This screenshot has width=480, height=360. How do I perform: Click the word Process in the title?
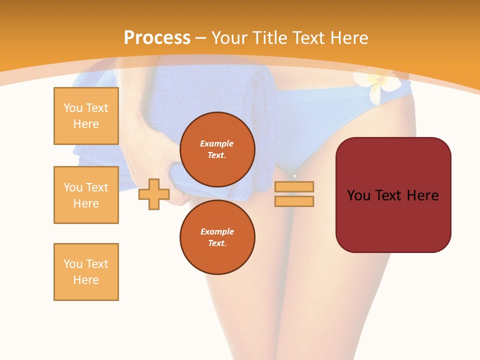[157, 38]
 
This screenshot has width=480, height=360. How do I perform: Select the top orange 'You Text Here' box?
[86, 116]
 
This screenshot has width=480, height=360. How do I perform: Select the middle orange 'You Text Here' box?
[86, 195]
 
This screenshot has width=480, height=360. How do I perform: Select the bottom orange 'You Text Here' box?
[86, 272]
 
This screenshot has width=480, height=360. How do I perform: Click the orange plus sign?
[153, 194]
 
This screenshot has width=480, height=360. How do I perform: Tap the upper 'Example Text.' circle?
[217, 149]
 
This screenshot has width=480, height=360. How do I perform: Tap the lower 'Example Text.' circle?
[217, 237]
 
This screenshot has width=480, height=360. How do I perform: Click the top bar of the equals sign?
[294, 187]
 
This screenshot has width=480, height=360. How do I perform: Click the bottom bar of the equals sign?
[294, 201]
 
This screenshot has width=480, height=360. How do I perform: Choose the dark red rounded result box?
[393, 220]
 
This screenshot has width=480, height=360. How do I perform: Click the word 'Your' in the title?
[228, 38]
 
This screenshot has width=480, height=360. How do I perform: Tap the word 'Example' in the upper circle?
[217, 143]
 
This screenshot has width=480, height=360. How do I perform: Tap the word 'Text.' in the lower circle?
[217, 243]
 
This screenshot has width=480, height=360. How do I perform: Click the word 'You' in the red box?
[359, 195]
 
